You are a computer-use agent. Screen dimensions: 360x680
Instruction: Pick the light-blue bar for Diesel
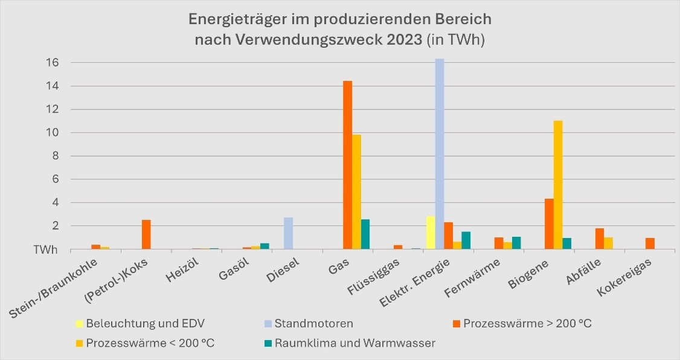289,233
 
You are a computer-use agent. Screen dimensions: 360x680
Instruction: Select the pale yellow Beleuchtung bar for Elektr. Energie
431,233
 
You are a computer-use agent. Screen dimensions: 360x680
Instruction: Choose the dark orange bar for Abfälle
600,239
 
